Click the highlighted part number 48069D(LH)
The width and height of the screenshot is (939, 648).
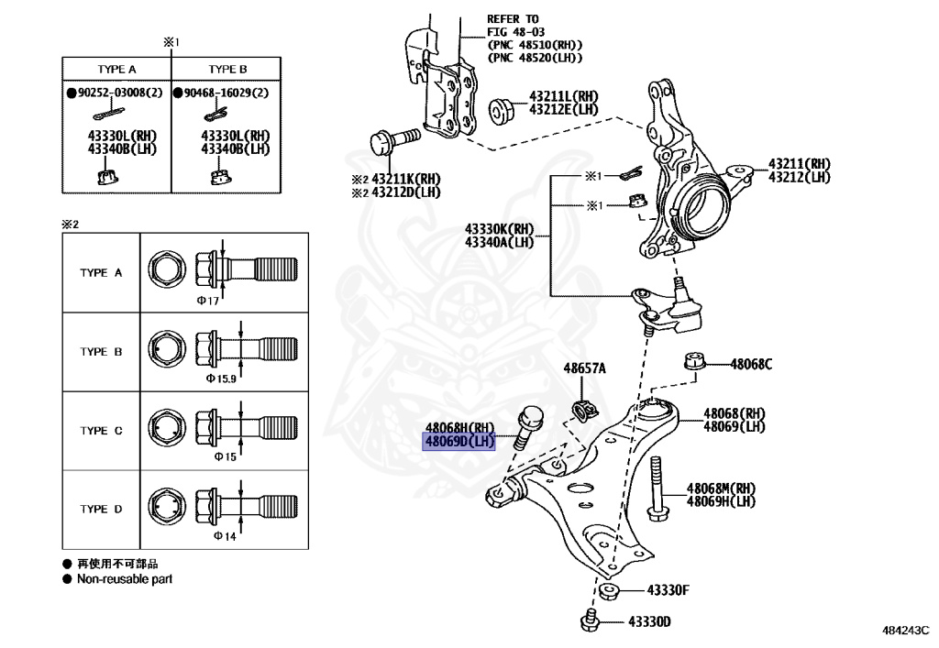tap(458, 443)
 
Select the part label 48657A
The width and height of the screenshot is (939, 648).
tap(584, 368)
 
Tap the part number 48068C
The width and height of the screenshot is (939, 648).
tap(751, 364)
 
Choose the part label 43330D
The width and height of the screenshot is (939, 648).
tap(648, 622)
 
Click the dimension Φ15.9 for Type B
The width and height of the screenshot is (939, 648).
tap(221, 378)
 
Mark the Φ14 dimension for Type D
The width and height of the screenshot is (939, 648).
tap(225, 535)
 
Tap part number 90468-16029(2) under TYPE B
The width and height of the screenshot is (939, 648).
tap(226, 93)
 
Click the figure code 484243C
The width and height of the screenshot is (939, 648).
tap(906, 632)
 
